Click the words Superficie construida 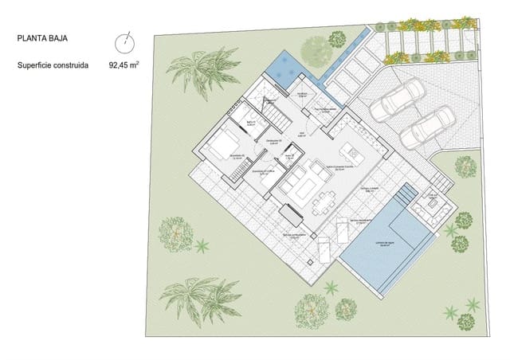[x=53, y=66]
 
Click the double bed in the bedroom [x=220, y=147]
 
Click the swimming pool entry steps [x=406, y=194]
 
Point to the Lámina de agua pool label [x=388, y=244]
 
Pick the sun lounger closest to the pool [x=340, y=233]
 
